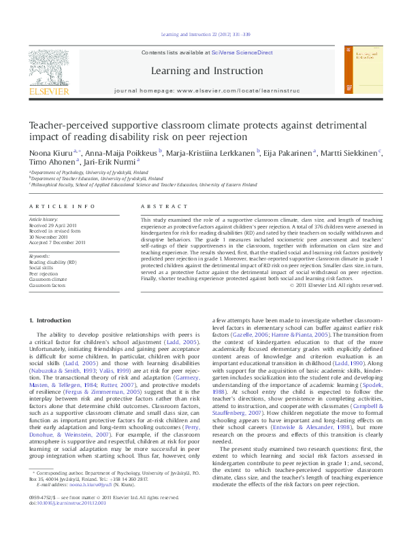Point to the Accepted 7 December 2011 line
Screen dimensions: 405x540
[x=56, y=242]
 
